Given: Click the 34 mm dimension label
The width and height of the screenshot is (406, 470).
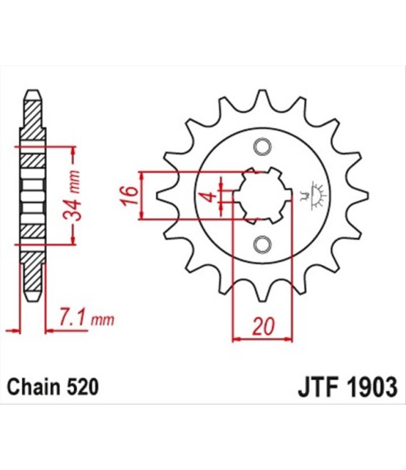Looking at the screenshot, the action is pyautogui.click(x=73, y=196).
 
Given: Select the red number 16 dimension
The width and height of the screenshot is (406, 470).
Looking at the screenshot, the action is pyautogui.click(x=130, y=196).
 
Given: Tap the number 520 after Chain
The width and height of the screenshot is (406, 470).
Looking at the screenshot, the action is pyautogui.click(x=81, y=387).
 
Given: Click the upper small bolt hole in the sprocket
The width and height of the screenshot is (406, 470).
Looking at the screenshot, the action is pyautogui.click(x=263, y=147).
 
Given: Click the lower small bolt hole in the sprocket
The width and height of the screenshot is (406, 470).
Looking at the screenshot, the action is pyautogui.click(x=263, y=245).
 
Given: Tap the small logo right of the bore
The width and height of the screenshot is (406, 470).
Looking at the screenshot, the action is pyautogui.click(x=315, y=196).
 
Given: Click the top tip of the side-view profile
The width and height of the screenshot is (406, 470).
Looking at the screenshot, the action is pyautogui.click(x=33, y=90).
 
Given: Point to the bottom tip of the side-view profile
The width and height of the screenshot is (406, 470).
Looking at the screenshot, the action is pyautogui.click(x=33, y=300).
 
